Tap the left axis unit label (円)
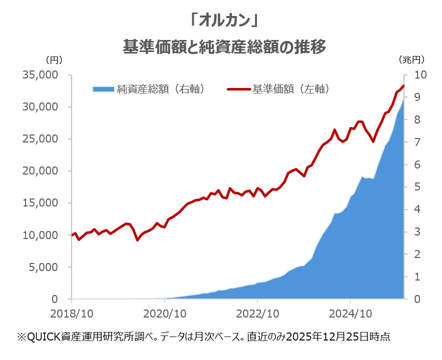tap(54, 60)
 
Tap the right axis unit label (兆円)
tap(411, 59)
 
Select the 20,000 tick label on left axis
tap(41, 171)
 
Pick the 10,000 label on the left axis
tap(41, 235)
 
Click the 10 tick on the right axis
tap(420, 75)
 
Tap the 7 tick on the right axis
tap(417, 142)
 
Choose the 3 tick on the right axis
tap(417, 232)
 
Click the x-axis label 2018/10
tap(72, 314)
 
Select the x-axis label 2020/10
tap(165, 314)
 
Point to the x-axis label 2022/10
tap(257, 314)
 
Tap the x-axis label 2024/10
tap(350, 314)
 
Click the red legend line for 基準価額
tap(239, 89)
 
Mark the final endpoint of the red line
tap(403, 85)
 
